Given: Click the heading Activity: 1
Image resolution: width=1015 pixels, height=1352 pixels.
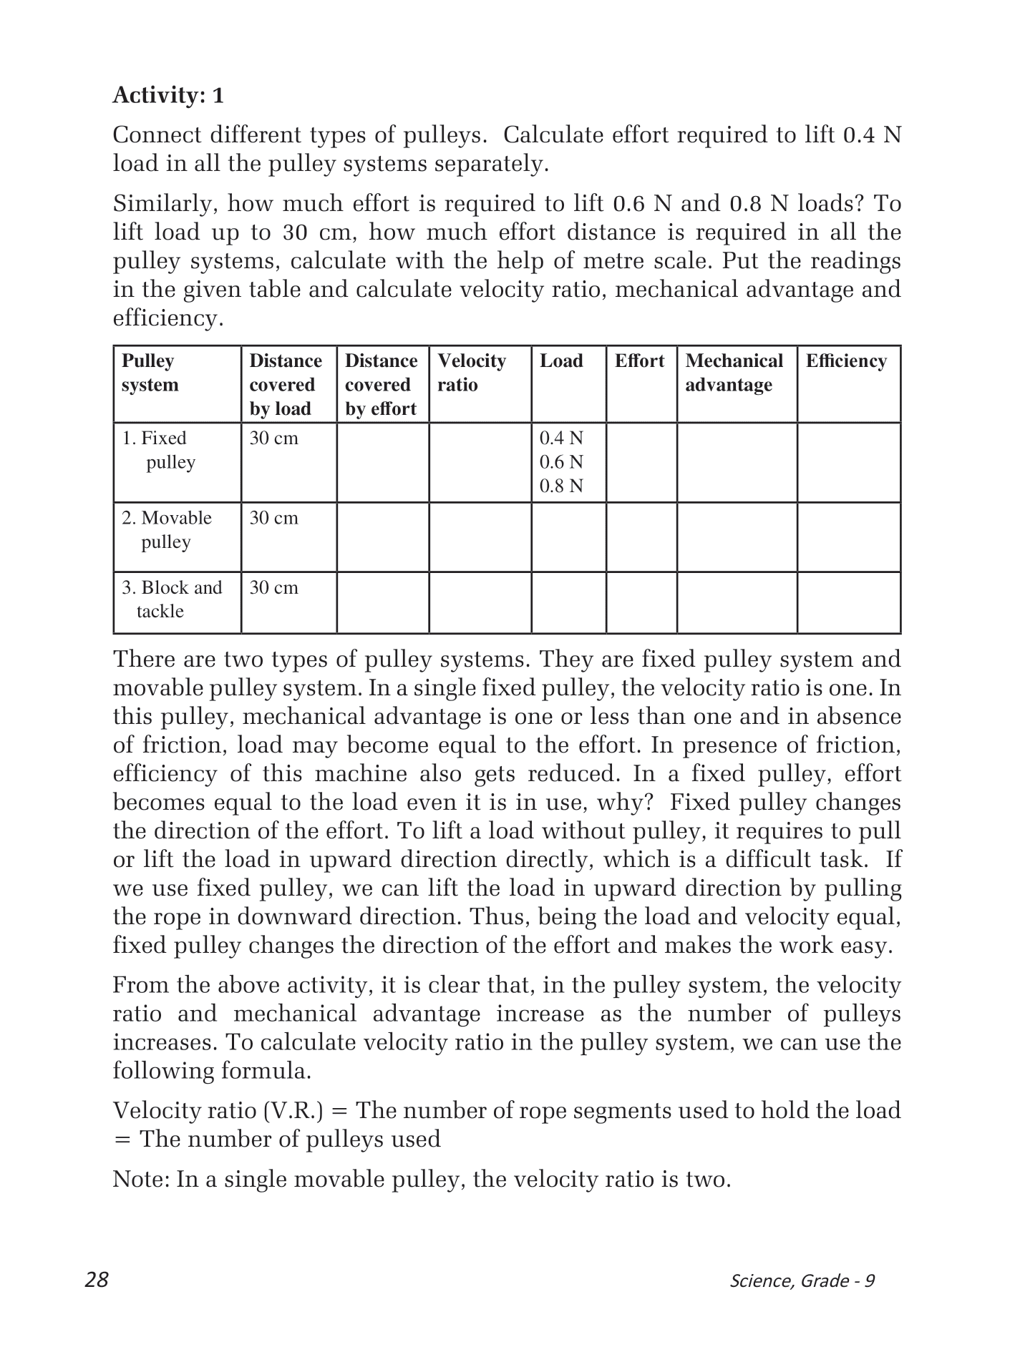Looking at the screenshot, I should (168, 95).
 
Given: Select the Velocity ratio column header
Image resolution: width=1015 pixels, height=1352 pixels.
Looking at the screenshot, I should (472, 373).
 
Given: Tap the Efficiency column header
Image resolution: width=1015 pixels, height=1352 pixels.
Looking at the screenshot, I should (846, 361).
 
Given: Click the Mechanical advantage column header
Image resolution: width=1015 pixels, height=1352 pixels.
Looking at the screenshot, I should (734, 373).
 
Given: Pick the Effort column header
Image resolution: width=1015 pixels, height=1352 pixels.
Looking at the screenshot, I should (639, 361).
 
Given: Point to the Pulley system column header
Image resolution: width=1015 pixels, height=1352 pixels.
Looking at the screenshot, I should (150, 373).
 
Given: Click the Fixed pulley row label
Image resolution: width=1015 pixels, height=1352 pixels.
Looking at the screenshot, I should (160, 450).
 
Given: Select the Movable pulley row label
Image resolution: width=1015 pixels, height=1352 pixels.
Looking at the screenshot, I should (167, 529).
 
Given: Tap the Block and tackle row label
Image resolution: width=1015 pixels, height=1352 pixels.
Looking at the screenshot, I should (172, 599).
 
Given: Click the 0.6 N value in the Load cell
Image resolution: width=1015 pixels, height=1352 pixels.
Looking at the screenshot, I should (561, 462).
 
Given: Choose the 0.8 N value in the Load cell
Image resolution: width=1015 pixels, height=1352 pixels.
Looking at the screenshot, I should (561, 486).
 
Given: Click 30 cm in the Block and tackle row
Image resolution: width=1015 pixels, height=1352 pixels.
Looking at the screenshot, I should (273, 588).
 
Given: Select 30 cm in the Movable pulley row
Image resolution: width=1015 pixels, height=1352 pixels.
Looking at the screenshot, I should (273, 518).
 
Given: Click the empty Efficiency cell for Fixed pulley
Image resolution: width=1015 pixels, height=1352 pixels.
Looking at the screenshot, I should (848, 462).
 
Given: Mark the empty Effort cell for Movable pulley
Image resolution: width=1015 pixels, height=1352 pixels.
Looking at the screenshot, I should (641, 537).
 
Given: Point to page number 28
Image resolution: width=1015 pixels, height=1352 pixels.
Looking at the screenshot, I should (97, 1280).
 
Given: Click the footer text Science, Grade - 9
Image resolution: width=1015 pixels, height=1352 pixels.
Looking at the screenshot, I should (802, 1280).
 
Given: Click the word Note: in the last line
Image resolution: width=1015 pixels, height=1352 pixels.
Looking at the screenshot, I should (141, 1179).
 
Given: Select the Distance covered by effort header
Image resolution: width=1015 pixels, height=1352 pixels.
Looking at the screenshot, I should (382, 385).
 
